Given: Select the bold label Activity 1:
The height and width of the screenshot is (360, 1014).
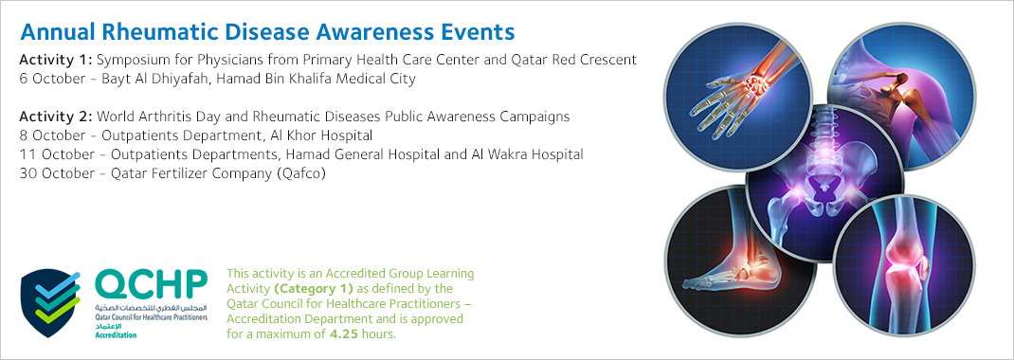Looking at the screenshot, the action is pyautogui.click(x=56, y=60).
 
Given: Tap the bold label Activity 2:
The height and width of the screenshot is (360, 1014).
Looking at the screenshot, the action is pyautogui.click(x=56, y=117).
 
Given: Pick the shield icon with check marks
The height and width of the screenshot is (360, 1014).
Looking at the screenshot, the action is pyautogui.click(x=51, y=302).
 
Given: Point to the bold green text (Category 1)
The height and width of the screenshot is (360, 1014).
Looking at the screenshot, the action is pyautogui.click(x=314, y=288).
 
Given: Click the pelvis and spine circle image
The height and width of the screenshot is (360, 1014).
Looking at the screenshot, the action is pyautogui.click(x=825, y=181).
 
